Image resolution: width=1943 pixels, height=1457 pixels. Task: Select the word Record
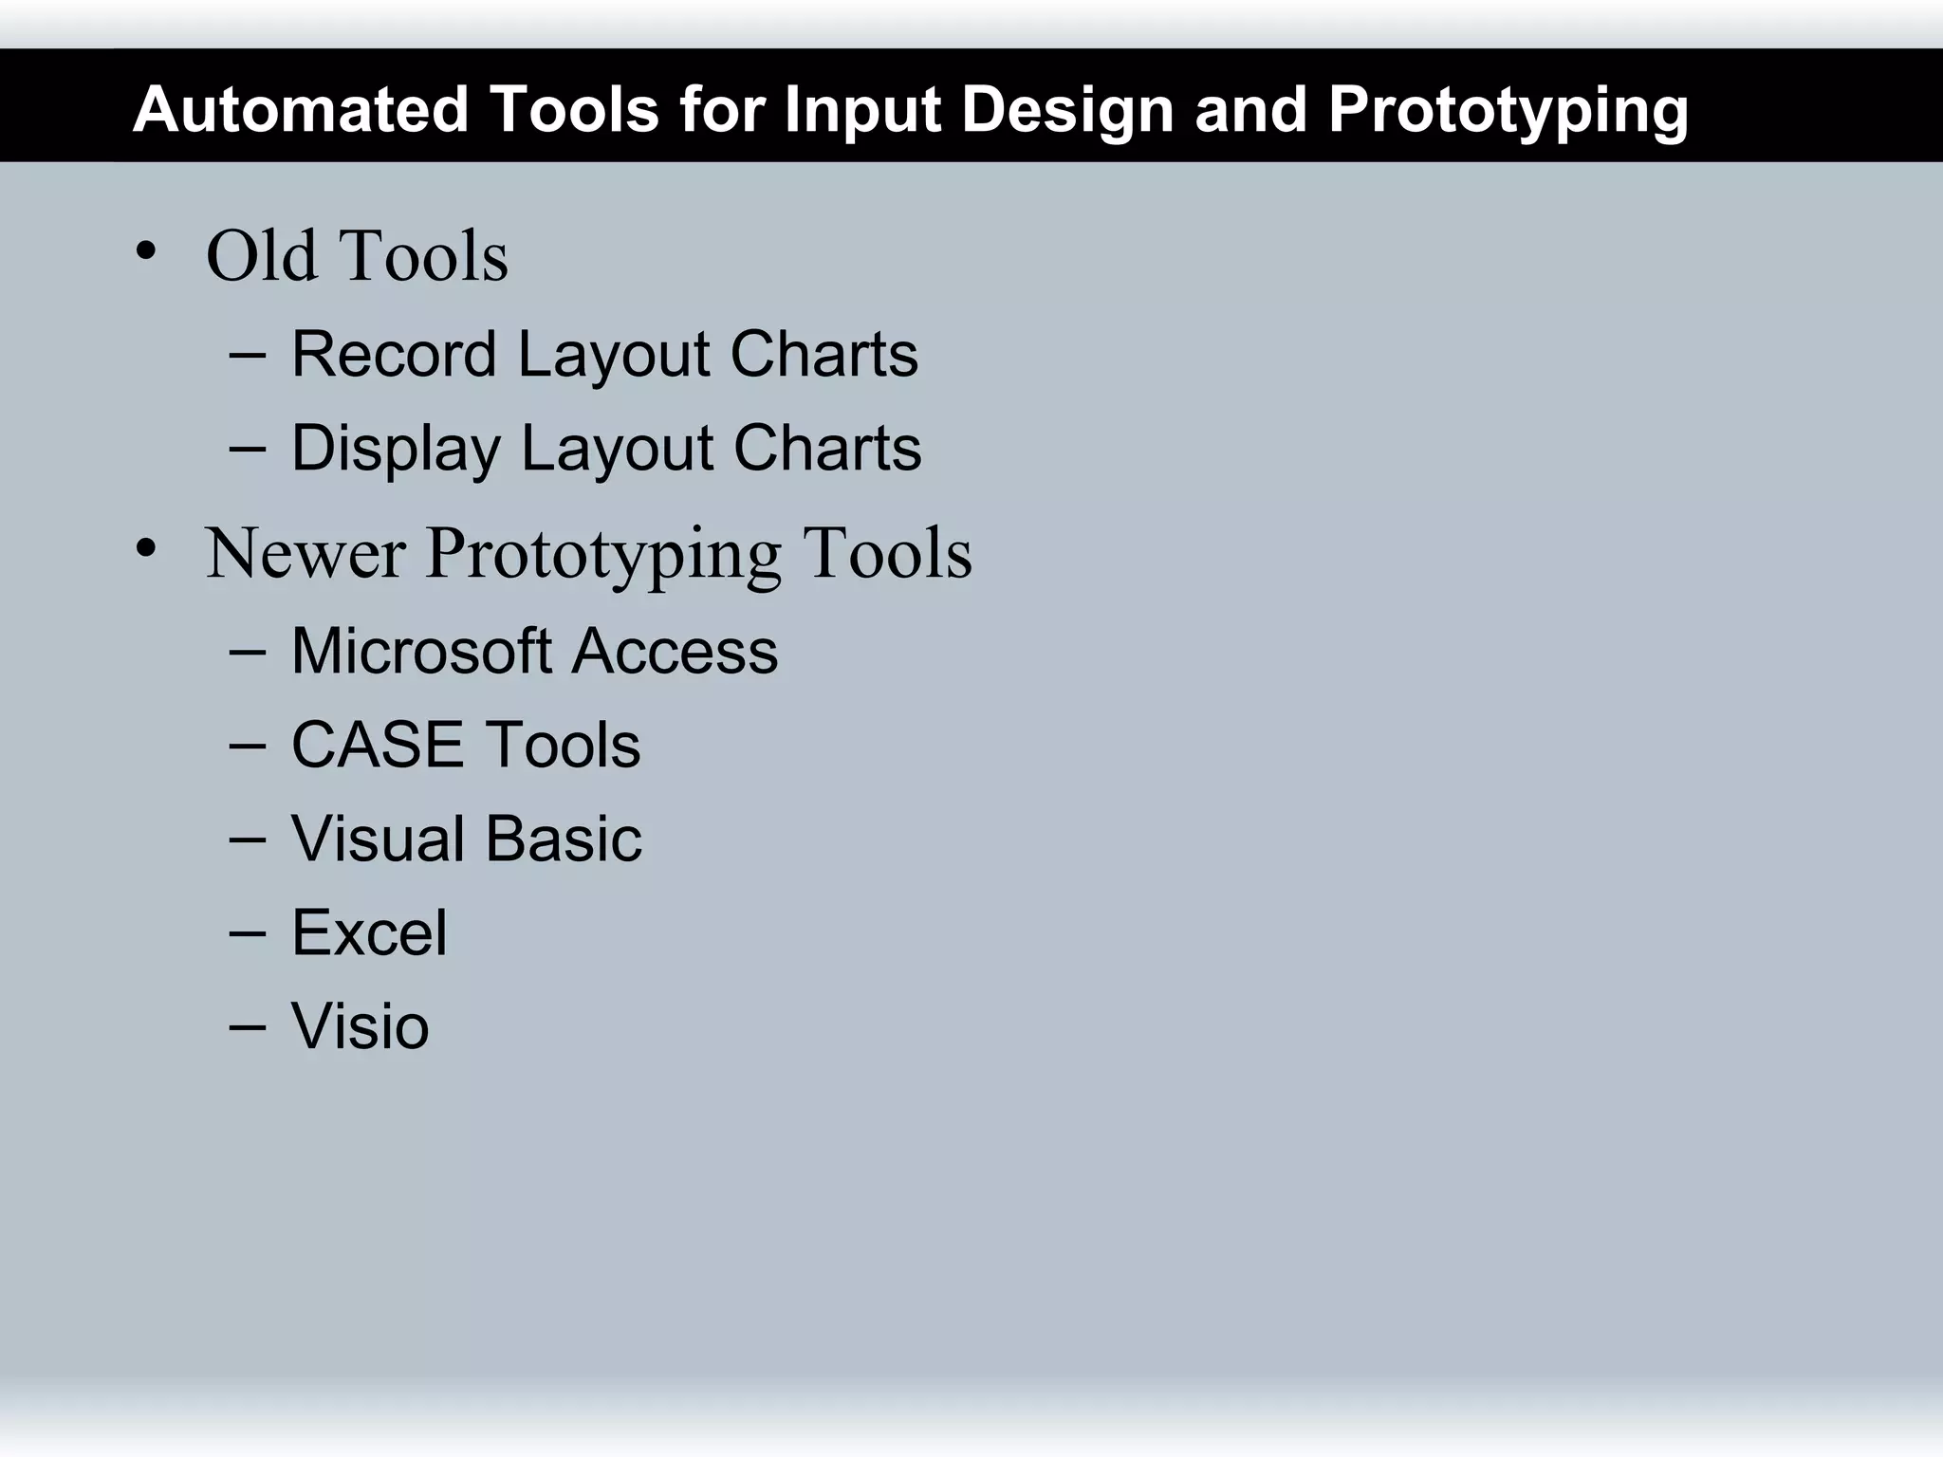pos(394,354)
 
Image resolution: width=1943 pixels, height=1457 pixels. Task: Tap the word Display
pos(395,449)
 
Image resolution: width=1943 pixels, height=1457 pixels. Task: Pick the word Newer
pos(305,553)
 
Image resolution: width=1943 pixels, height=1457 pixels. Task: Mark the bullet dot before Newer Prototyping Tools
pos(145,549)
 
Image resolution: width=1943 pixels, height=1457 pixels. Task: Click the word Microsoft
pos(421,652)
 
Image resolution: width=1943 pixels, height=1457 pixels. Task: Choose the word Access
pos(675,652)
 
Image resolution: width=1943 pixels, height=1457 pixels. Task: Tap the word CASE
pos(377,745)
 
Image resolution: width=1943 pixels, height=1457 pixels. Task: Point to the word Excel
pos(368,932)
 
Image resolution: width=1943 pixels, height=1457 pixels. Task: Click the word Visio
pos(360,1026)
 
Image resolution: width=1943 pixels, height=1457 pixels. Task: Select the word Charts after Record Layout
pos(823,354)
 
